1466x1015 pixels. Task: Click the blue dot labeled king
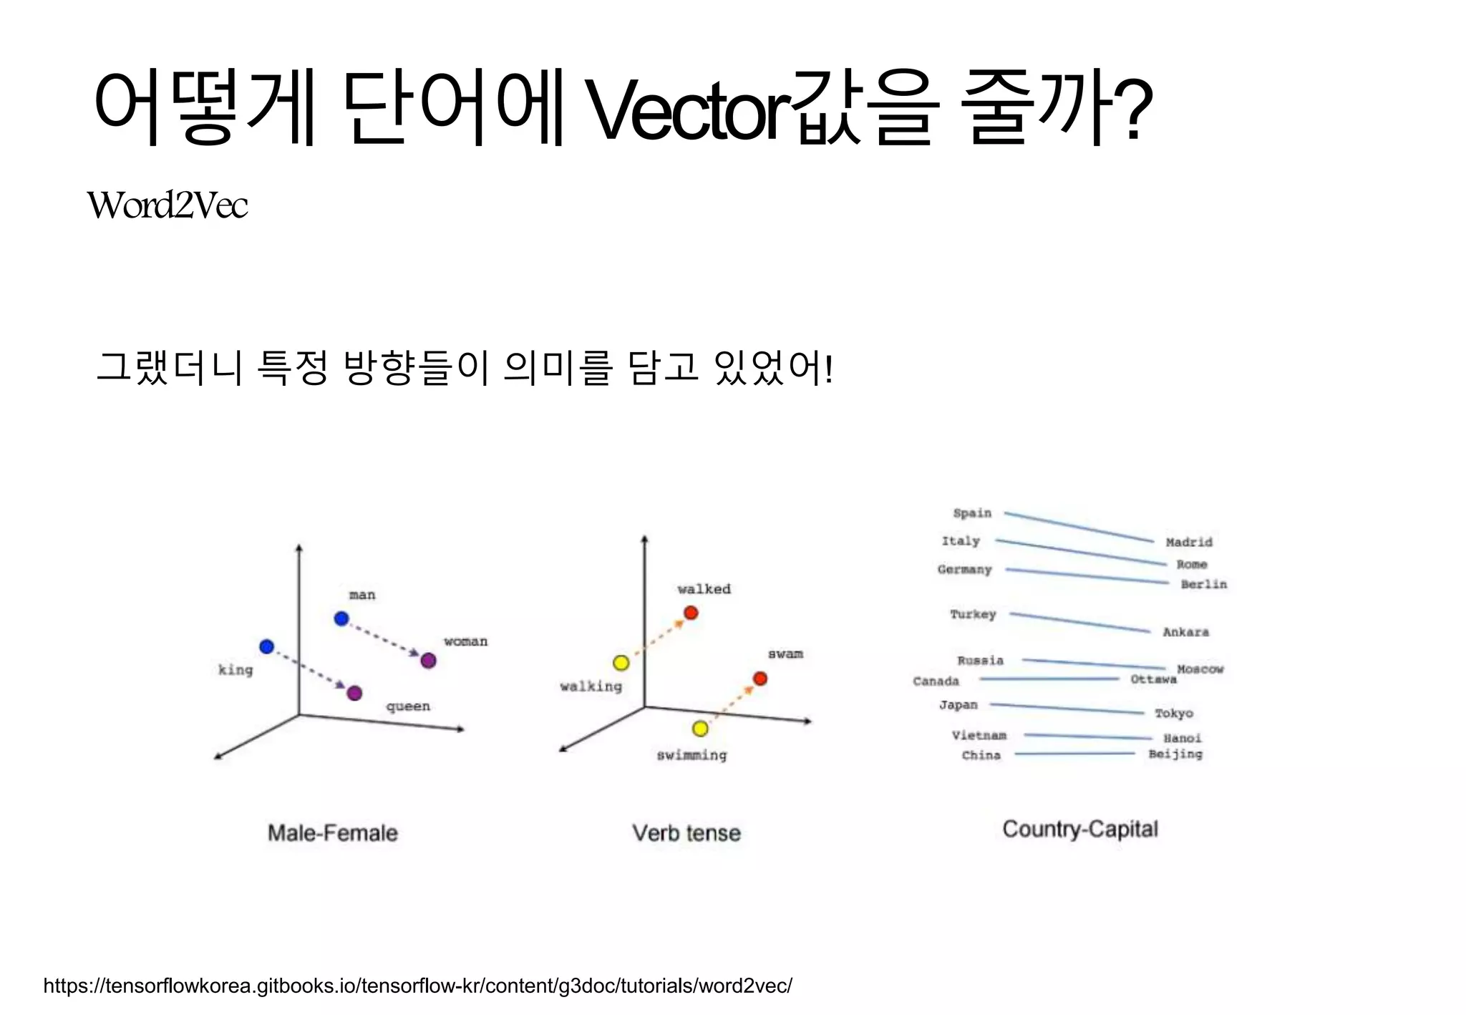(x=266, y=646)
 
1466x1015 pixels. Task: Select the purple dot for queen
(x=354, y=693)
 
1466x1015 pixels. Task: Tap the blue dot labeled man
(x=341, y=618)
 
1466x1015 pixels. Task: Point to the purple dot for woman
(x=428, y=661)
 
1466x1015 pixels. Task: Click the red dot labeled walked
(x=691, y=613)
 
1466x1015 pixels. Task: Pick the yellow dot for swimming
(x=700, y=729)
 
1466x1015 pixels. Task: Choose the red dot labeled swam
(x=760, y=679)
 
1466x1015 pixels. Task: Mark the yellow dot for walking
(x=621, y=663)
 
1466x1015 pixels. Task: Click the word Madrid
(x=1188, y=543)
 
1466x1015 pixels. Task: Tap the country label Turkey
(x=973, y=614)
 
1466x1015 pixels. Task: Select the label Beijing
(x=1175, y=754)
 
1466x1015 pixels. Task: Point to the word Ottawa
(x=1153, y=679)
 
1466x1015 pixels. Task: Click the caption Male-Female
(x=332, y=833)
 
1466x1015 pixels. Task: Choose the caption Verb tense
(x=686, y=833)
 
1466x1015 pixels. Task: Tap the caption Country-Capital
(x=1079, y=829)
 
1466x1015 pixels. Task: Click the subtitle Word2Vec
(x=168, y=205)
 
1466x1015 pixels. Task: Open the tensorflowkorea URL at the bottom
(x=417, y=986)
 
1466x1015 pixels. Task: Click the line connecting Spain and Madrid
(x=1079, y=528)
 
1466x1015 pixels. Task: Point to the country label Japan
(x=958, y=705)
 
